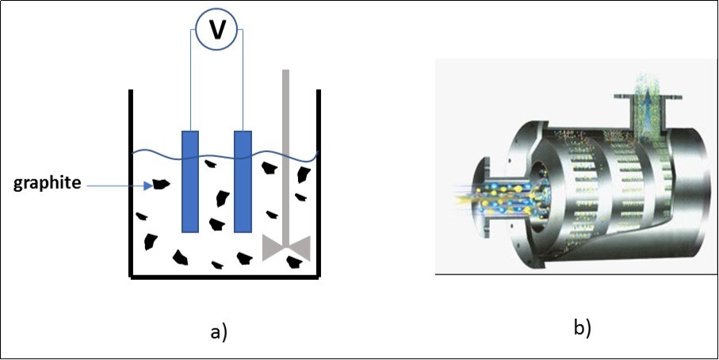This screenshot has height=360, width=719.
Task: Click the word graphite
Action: (x=48, y=184)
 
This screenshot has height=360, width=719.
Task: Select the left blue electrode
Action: (x=190, y=180)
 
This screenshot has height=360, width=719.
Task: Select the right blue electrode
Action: (x=243, y=180)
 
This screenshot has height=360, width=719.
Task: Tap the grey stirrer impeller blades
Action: (x=285, y=247)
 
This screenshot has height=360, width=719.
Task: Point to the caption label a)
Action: (x=218, y=331)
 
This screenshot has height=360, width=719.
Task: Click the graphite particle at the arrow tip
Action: (x=162, y=184)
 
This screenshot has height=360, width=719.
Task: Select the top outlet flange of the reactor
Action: (x=648, y=96)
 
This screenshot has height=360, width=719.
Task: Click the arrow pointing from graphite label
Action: (x=119, y=185)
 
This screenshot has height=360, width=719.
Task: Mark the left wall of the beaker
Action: (x=131, y=182)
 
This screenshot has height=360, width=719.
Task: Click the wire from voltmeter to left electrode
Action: (x=190, y=79)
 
